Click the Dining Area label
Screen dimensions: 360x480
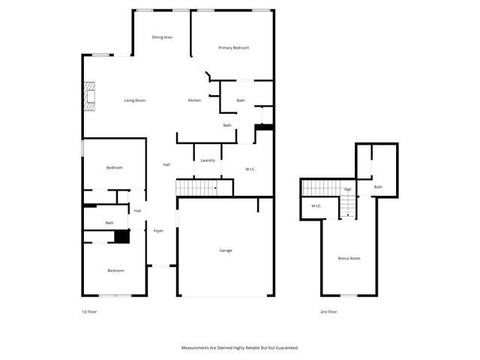[x=163, y=37]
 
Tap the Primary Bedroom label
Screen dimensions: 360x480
[x=233, y=48]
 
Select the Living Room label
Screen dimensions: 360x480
[x=135, y=100]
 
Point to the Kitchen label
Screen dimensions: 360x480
[x=194, y=100]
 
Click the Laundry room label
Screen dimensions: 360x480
[x=208, y=160]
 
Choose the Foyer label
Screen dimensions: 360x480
[x=158, y=230]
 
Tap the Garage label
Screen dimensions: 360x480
[x=226, y=250]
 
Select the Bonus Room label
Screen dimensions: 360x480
[x=349, y=258]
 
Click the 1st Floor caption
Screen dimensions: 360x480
[x=89, y=311]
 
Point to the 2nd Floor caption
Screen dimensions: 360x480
[x=328, y=311]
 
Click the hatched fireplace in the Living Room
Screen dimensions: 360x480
[x=91, y=96]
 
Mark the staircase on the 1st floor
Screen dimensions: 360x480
[x=197, y=187]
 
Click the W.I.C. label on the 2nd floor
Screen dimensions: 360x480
[x=316, y=205]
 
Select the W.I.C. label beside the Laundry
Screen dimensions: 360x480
[x=250, y=169]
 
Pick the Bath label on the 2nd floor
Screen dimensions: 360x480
[x=378, y=187]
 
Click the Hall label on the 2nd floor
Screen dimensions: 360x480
[x=348, y=189]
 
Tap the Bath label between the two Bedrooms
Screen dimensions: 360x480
[x=109, y=223]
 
